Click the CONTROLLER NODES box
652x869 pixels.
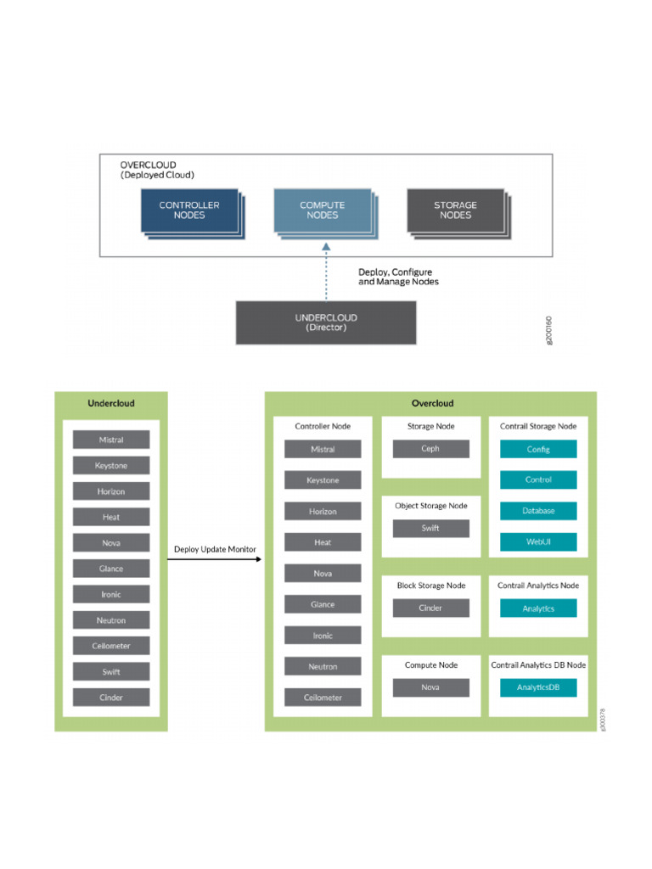pyautogui.click(x=189, y=210)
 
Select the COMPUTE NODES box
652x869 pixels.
pyautogui.click(x=323, y=210)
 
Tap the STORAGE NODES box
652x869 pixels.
pyautogui.click(x=456, y=210)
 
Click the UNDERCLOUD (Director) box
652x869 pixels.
pyautogui.click(x=326, y=322)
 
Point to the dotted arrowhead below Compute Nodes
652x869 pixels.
pyautogui.click(x=326, y=247)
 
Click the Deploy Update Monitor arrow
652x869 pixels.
pyautogui.click(x=214, y=559)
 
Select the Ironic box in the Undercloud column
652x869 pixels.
pyautogui.click(x=111, y=594)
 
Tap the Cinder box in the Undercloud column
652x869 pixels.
pyautogui.click(x=111, y=698)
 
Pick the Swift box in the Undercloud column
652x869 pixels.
pyautogui.click(x=111, y=672)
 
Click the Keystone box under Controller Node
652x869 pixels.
pyautogui.click(x=323, y=480)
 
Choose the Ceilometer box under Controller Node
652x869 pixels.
pyautogui.click(x=323, y=698)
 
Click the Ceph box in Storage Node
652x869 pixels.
pyautogui.click(x=430, y=449)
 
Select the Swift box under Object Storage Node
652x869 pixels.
pyautogui.click(x=430, y=528)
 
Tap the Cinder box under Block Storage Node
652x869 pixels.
pyautogui.click(x=430, y=608)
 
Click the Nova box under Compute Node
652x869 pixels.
pyautogui.click(x=430, y=687)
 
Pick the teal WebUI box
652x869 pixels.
pyautogui.click(x=538, y=541)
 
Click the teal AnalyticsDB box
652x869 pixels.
pyautogui.click(x=538, y=687)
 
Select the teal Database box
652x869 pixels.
pyautogui.click(x=538, y=510)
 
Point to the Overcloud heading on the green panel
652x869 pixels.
pyautogui.click(x=432, y=403)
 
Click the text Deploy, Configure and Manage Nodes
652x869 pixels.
pyautogui.click(x=398, y=277)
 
